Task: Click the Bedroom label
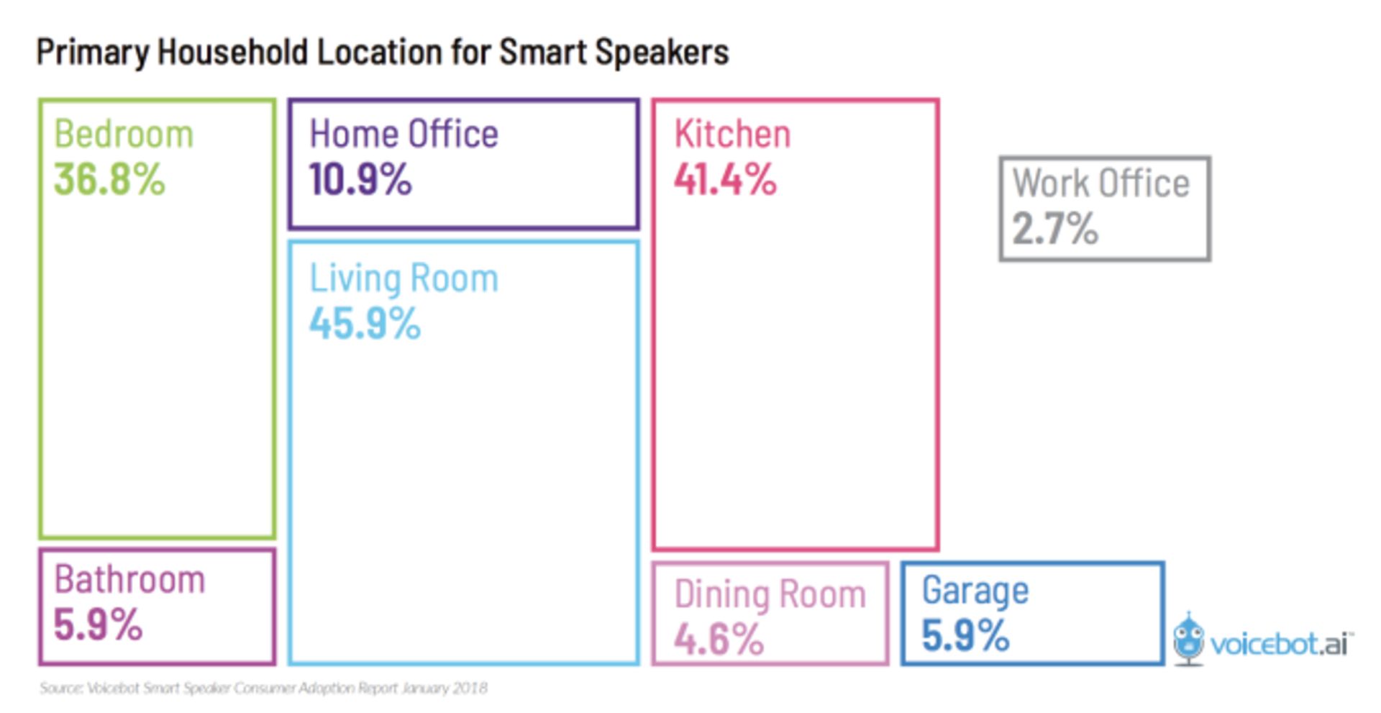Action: tap(124, 135)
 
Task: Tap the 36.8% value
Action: tap(109, 179)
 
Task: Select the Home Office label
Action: tap(404, 135)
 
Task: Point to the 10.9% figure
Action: tap(360, 179)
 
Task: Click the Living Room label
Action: tap(404, 278)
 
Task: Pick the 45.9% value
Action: tap(365, 323)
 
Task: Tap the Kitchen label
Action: tap(732, 135)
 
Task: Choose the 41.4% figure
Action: tap(725, 179)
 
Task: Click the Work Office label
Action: tap(1101, 183)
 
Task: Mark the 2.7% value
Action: tap(1055, 229)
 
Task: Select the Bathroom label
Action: tap(129, 580)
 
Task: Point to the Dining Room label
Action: tap(770, 594)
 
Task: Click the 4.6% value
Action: tap(719, 638)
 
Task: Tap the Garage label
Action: tap(975, 591)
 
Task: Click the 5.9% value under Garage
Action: tap(965, 635)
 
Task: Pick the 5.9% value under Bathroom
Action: tap(98, 625)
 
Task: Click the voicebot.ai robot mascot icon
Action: tap(1188, 638)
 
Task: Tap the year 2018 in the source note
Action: tap(470, 689)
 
